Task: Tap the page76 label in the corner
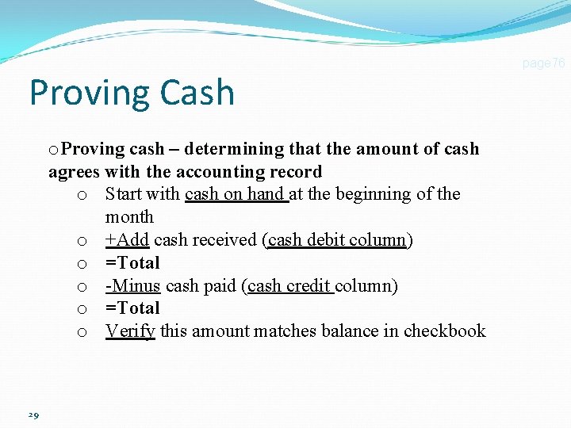(543, 63)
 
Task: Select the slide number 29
(33, 415)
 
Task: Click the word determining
(225, 149)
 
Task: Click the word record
(297, 172)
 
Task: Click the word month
(129, 217)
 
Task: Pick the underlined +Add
(127, 240)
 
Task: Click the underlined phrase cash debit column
(337, 240)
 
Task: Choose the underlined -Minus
(132, 285)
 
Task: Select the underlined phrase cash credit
(290, 285)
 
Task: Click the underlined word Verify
(130, 331)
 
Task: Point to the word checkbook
(444, 331)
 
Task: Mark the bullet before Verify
(82, 332)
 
